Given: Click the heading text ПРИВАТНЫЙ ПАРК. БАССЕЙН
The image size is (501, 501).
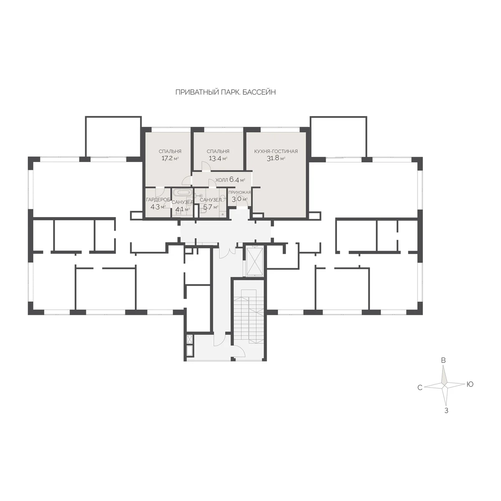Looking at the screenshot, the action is pyautogui.click(x=225, y=92).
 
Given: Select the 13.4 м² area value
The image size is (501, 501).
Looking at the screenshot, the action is pyautogui.click(x=218, y=158).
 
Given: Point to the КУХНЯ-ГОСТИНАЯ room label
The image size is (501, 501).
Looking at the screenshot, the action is pyautogui.click(x=276, y=151).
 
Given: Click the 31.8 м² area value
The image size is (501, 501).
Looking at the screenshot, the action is pyautogui.click(x=276, y=158).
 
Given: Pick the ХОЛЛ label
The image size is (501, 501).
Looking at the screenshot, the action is pyautogui.click(x=222, y=180).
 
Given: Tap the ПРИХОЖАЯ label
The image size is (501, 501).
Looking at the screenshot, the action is pyautogui.click(x=240, y=192).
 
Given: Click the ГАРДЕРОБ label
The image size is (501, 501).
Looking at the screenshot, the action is pyautogui.click(x=158, y=200).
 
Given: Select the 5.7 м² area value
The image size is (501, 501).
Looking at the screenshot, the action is pyautogui.click(x=210, y=207).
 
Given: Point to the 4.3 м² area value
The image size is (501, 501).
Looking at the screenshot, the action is pyautogui.click(x=158, y=207).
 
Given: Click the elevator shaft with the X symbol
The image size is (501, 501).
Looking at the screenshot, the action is pyautogui.click(x=255, y=261).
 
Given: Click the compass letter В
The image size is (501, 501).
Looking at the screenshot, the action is pyautogui.click(x=443, y=360).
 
